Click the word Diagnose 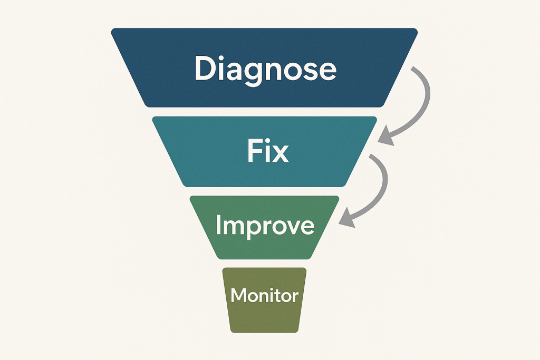(265, 70)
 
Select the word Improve (265, 226)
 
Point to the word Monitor (264, 295)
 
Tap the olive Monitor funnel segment (264, 319)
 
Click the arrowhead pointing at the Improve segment (346, 221)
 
